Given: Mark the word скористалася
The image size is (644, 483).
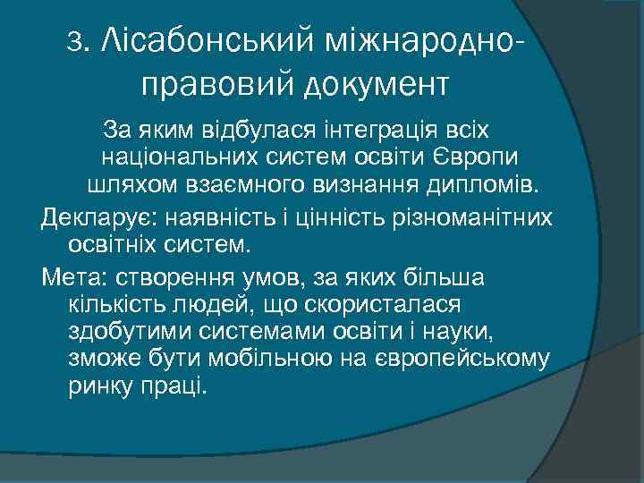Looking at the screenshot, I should [x=383, y=304].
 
